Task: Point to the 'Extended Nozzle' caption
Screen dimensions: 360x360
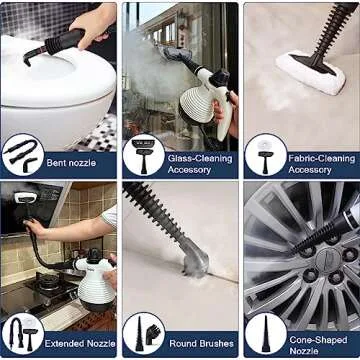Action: (x=80, y=343)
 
